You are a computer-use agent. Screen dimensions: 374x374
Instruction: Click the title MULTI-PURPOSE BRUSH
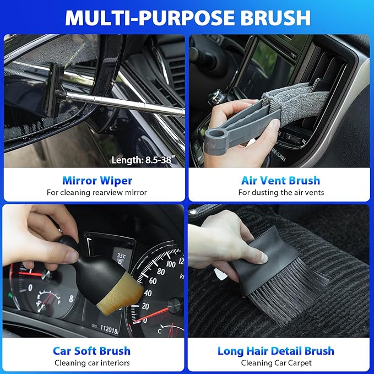(187, 17)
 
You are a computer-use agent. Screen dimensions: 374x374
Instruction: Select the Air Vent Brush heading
(280, 180)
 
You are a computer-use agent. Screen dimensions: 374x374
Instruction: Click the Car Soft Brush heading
(91, 350)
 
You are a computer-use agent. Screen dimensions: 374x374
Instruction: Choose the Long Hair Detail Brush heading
(275, 350)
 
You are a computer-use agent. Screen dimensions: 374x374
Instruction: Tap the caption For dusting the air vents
(280, 192)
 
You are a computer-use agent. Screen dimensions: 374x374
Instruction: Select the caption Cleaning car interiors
(92, 362)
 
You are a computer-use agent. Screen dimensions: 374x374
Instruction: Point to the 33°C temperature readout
(122, 257)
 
